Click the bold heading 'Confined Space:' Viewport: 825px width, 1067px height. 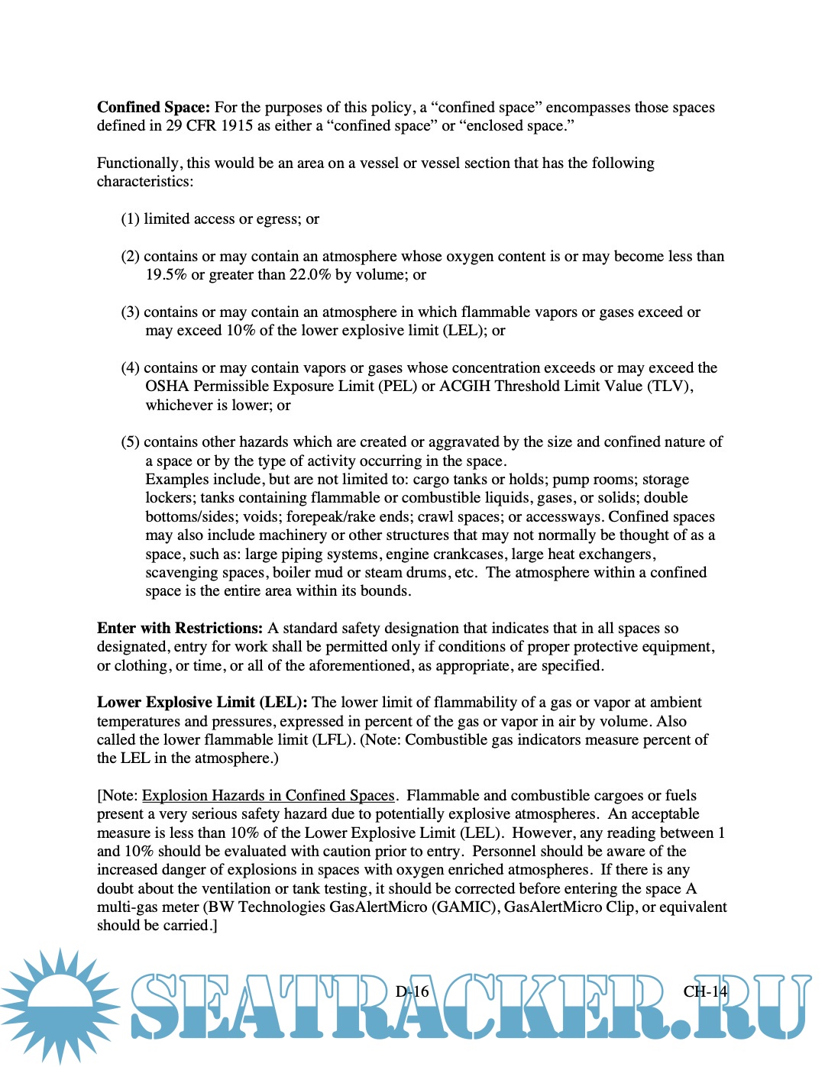pos(153,108)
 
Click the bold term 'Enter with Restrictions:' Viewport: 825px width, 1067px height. pos(180,629)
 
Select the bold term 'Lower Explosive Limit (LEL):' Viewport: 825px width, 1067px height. pos(202,703)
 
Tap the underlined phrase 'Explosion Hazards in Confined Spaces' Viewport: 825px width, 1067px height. pos(268,796)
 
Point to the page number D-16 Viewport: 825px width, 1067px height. pos(412,991)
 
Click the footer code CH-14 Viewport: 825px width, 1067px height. pos(705,991)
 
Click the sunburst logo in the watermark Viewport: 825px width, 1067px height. pos(60,1004)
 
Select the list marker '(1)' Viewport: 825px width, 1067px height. pos(130,219)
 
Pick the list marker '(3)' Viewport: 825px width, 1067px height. pos(130,312)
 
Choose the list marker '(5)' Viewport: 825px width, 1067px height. pos(130,442)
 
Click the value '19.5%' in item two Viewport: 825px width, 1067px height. pos(166,275)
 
